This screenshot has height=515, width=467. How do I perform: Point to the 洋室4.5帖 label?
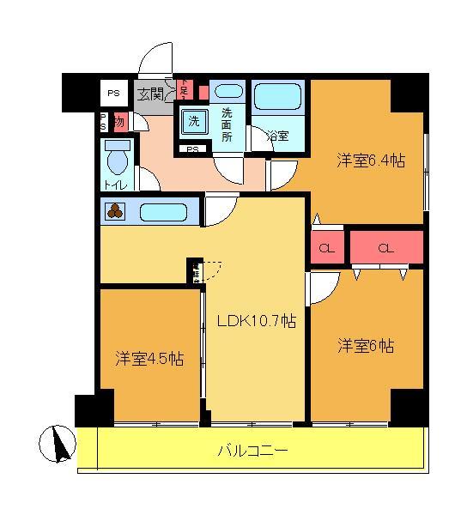click(149, 359)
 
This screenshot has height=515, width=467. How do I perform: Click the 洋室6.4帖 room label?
click(370, 160)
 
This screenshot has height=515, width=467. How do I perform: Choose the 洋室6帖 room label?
click(366, 346)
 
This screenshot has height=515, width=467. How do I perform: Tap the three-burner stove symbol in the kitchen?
click(115, 210)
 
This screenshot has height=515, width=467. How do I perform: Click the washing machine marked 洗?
click(194, 122)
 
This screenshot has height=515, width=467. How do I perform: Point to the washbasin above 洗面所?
click(228, 92)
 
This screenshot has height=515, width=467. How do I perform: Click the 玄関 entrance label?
click(152, 94)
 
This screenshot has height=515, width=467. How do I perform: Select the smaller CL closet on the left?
click(326, 249)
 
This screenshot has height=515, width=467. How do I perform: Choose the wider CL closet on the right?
click(385, 248)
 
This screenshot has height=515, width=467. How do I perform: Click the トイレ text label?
click(113, 185)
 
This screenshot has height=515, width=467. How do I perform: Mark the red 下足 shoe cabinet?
click(183, 88)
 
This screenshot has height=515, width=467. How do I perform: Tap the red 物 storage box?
click(119, 121)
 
